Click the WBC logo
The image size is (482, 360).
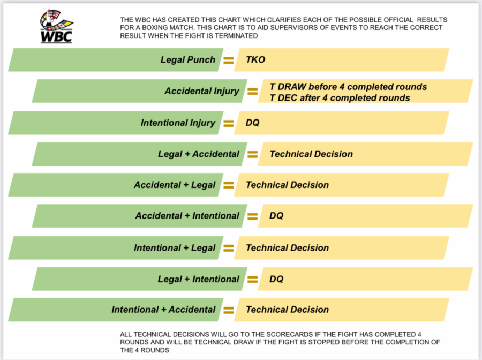57,26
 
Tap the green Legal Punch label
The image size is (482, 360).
188,59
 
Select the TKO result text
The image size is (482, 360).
255,59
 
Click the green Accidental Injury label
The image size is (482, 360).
202,91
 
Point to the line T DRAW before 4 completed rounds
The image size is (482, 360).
348,87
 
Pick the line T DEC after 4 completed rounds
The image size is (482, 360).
340,97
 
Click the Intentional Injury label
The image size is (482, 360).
178,123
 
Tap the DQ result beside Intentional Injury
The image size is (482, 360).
252,123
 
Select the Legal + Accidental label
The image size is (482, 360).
199,154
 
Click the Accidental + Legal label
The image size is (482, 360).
175,185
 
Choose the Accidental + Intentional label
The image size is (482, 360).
187,216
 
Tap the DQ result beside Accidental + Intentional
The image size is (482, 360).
276,216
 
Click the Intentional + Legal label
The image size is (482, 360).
175,248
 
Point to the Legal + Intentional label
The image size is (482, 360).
199,279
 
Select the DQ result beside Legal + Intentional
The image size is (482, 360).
276,279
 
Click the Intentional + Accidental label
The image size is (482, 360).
163,310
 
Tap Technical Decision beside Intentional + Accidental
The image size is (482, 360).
288,310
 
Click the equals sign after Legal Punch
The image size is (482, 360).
228,60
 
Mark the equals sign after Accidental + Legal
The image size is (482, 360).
228,185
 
